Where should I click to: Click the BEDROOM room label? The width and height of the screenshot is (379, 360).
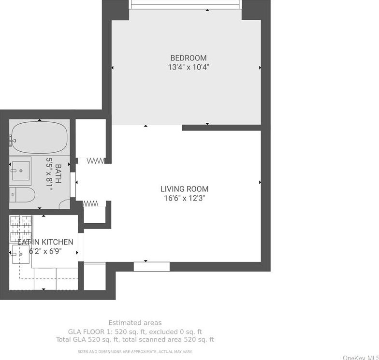(188, 58)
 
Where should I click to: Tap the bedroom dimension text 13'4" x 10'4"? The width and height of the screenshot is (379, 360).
(188, 68)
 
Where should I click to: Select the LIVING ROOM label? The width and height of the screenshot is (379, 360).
(184, 189)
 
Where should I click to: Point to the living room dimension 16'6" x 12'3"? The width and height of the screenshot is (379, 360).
(184, 198)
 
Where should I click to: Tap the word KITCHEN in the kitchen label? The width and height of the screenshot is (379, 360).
(57, 242)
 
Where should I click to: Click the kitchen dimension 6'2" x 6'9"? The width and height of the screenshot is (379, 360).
(45, 251)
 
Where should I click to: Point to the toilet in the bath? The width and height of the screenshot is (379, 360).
(22, 195)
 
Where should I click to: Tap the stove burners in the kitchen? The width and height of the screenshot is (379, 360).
(21, 229)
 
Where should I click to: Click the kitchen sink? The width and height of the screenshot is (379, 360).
(20, 254)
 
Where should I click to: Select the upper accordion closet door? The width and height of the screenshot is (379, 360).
(96, 160)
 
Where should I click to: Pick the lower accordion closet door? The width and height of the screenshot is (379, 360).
(91, 204)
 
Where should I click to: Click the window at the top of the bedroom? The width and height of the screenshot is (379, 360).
(185, 4)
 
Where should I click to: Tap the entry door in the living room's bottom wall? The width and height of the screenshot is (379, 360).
(151, 267)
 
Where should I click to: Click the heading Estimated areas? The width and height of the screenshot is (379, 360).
(135, 323)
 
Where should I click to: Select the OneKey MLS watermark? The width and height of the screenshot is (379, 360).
(360, 357)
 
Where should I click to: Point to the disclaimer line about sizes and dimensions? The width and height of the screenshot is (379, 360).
(135, 352)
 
